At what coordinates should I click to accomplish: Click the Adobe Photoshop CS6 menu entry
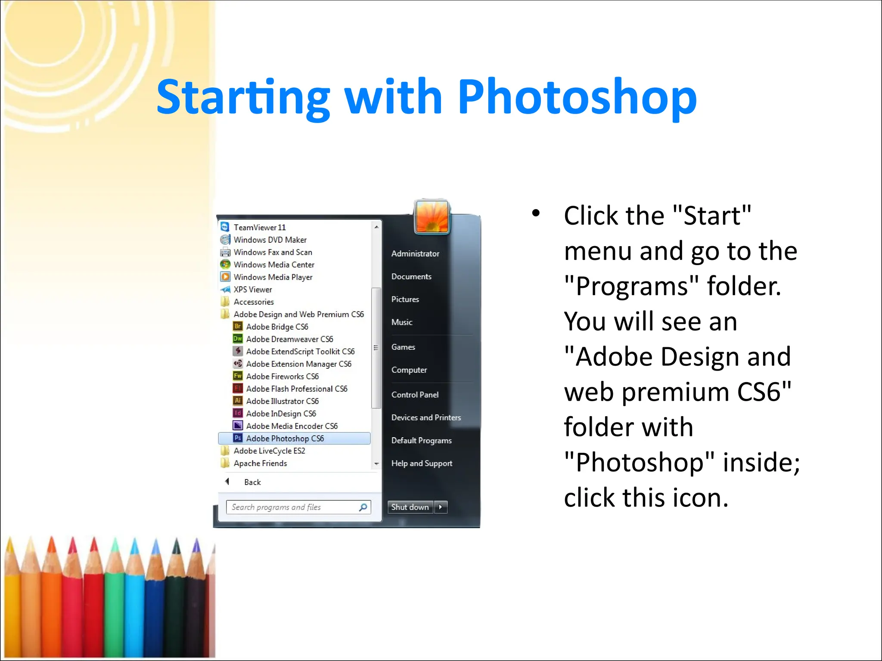point(285,439)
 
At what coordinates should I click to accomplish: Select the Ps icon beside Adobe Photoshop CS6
point(238,438)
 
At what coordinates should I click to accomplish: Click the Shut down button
point(410,507)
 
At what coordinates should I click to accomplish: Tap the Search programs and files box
point(293,507)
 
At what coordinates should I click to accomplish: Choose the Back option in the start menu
point(252,482)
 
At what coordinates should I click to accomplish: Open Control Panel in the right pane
point(415,395)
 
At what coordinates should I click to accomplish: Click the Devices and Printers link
point(426,417)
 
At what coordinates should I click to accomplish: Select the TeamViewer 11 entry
point(259,227)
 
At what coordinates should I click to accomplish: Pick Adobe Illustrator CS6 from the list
point(282,401)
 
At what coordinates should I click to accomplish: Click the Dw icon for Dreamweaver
point(238,339)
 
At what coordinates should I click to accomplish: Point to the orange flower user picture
point(432,217)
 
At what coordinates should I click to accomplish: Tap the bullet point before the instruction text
point(536,213)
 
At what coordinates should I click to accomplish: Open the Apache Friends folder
point(260,463)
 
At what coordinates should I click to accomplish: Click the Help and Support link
point(422,463)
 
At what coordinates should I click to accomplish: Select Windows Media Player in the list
point(273,277)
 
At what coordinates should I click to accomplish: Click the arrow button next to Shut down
point(441,507)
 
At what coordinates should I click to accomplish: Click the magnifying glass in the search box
point(363,507)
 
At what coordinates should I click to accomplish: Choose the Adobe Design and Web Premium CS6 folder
point(298,314)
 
